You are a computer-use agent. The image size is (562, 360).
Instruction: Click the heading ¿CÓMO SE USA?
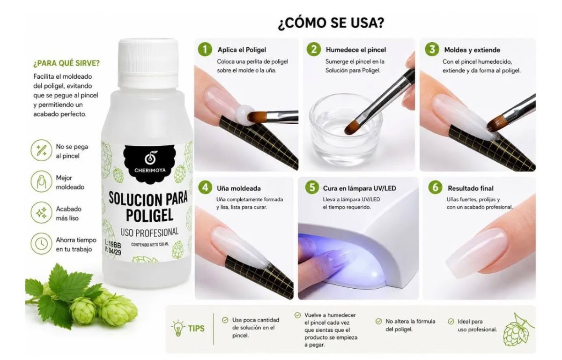coord(331,23)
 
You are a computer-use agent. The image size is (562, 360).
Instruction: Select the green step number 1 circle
coord(205,49)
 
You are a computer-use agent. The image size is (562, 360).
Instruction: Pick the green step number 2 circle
coord(314,49)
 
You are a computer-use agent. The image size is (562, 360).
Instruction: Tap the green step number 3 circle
coord(432,49)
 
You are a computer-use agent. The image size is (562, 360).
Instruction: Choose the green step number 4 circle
coord(205,187)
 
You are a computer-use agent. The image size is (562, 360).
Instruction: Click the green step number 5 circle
coord(312,187)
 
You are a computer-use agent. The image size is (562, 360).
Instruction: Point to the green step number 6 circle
coord(435,187)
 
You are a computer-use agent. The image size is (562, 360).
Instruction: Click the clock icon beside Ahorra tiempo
coord(41,243)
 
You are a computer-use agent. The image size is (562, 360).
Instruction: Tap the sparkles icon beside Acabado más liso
coord(41,212)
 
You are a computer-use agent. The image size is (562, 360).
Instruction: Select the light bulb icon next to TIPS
coord(178,328)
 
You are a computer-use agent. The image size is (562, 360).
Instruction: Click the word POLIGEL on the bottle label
coord(149,215)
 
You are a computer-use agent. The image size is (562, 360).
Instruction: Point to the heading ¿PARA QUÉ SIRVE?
coord(67,63)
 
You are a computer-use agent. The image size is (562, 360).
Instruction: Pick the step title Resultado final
coord(470,188)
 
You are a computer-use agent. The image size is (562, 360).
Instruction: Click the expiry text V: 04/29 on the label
coord(113,251)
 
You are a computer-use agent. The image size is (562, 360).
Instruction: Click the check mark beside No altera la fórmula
coord(378,322)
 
